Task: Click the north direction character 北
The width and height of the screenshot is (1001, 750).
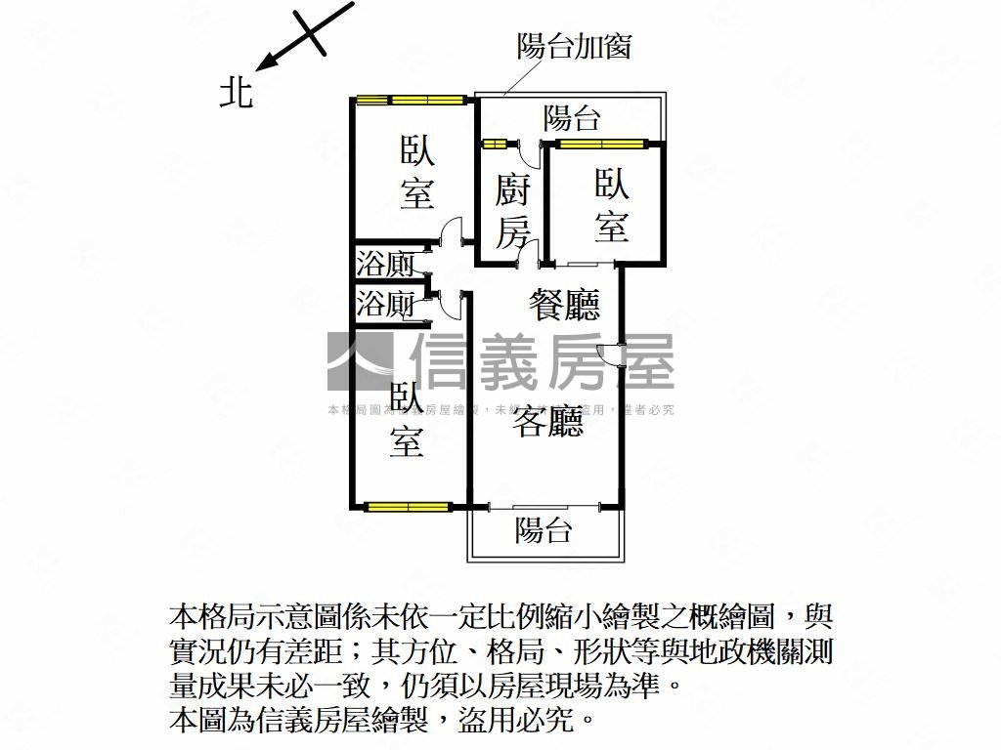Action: pyautogui.click(x=236, y=92)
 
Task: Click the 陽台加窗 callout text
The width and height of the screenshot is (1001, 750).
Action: pyautogui.click(x=575, y=46)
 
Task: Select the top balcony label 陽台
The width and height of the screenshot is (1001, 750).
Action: pyautogui.click(x=572, y=119)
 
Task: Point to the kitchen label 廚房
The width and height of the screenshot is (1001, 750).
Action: pyautogui.click(x=513, y=210)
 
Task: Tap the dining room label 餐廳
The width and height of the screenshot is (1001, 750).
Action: pyautogui.click(x=564, y=306)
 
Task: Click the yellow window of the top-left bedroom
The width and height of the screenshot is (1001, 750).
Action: pyautogui.click(x=410, y=99)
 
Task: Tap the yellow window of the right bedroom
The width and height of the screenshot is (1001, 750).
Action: pyautogui.click(x=600, y=145)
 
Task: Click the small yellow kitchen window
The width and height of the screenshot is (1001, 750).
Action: pyautogui.click(x=495, y=145)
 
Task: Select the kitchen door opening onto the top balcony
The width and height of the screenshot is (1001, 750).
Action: pyautogui.click(x=529, y=153)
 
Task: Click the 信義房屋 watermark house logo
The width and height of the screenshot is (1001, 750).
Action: pyautogui.click(x=359, y=361)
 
